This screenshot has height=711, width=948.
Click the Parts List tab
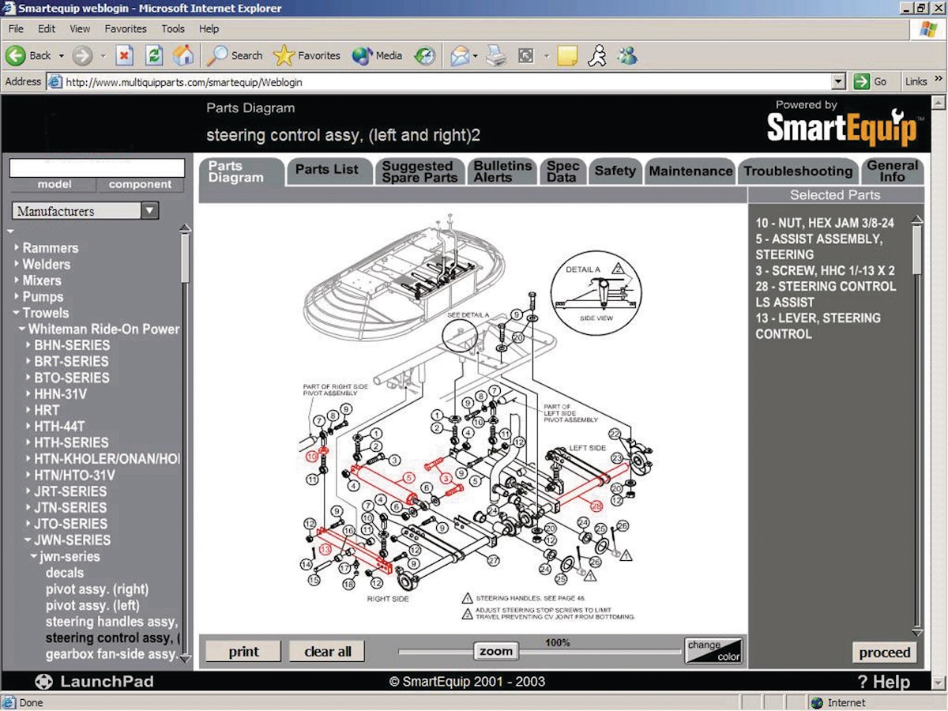point(326,170)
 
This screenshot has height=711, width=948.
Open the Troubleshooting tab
point(798,171)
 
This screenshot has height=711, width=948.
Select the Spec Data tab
point(562,171)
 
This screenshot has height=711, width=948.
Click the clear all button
point(328,652)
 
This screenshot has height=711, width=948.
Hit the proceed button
point(885,653)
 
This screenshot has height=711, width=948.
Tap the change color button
point(713,650)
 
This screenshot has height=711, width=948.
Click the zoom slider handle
point(496,651)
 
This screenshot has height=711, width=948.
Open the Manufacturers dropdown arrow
point(150,211)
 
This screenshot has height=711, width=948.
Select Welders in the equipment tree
point(46,265)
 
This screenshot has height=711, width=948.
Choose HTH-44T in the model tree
point(60,426)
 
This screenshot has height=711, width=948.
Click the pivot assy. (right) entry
point(96,589)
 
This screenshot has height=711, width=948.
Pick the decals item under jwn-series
point(65,573)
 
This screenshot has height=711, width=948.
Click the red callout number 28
point(596,506)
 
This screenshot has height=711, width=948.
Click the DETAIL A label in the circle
point(583,269)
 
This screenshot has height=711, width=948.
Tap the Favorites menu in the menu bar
point(126,28)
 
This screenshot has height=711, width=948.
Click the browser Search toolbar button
point(235,55)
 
